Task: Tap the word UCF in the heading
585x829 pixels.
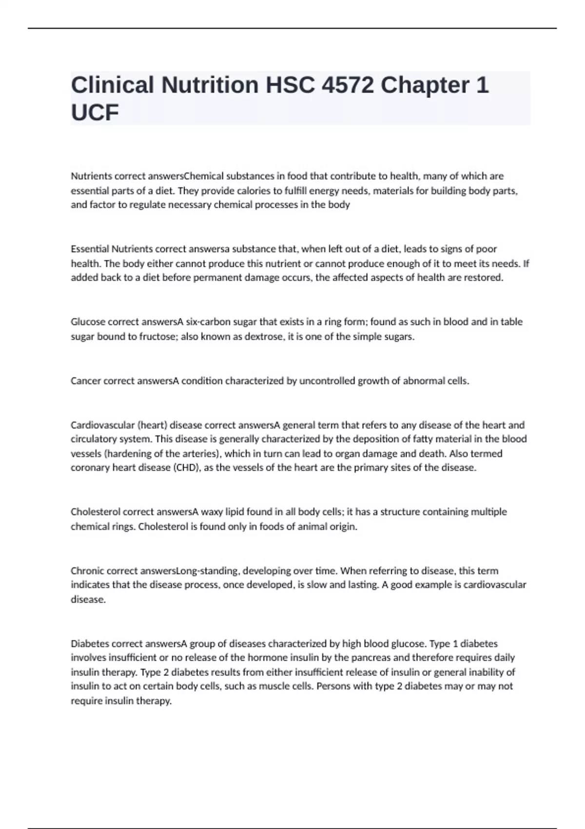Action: pyautogui.click(x=95, y=113)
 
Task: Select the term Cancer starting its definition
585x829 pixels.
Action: pyautogui.click(x=85, y=381)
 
